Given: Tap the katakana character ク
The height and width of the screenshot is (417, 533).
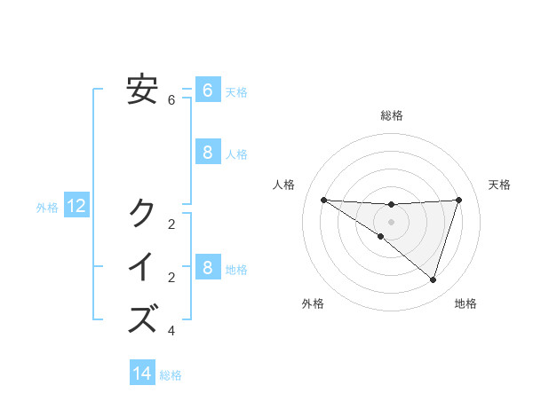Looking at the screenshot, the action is click(x=142, y=212).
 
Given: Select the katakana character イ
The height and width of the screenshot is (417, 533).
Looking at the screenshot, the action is click(x=142, y=266).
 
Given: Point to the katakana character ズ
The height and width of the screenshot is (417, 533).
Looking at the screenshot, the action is click(x=142, y=319).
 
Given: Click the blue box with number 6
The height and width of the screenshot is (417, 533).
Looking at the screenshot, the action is click(x=207, y=90).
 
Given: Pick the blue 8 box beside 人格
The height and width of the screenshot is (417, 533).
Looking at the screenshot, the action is click(x=207, y=153).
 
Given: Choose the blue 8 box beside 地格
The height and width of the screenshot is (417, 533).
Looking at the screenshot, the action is click(x=207, y=267).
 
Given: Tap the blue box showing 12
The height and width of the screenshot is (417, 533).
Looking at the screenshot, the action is click(x=76, y=207).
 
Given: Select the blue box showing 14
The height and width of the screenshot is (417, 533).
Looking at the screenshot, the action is click(x=142, y=374).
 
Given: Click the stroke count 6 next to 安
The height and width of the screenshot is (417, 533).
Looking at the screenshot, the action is click(x=171, y=100).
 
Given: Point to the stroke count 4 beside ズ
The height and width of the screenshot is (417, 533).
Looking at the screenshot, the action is click(x=171, y=331).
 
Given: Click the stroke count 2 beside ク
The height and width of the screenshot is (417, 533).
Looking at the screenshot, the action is click(x=171, y=224).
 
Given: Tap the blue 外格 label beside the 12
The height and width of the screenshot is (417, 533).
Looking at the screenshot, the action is click(x=47, y=208).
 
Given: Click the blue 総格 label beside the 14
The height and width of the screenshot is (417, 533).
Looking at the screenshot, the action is click(x=171, y=375).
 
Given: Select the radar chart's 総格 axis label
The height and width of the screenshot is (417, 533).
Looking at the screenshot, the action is click(x=391, y=115).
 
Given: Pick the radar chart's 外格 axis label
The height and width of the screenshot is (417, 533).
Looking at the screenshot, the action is click(x=312, y=303).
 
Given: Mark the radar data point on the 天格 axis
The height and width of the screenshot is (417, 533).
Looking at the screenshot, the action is click(x=458, y=200).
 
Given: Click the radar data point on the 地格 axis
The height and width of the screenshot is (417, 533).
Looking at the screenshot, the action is click(x=433, y=279).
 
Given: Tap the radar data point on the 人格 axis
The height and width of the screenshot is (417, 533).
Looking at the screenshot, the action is click(x=323, y=200).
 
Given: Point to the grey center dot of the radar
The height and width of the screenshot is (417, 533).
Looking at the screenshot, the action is click(x=391, y=221).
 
